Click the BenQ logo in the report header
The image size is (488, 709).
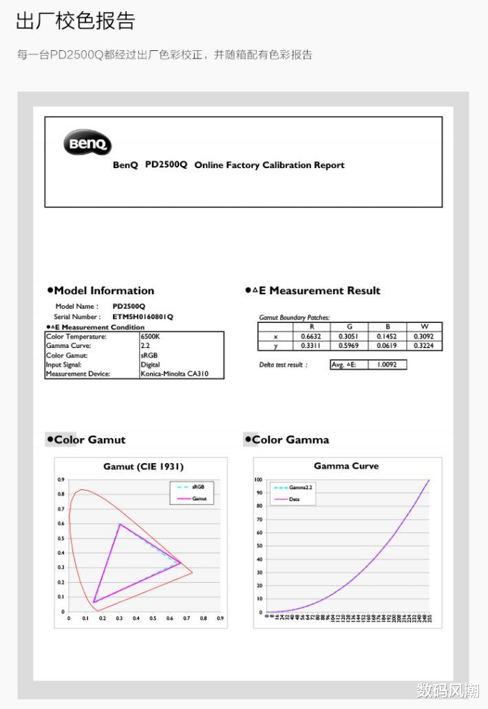[87, 144]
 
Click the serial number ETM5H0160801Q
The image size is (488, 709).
[142, 317]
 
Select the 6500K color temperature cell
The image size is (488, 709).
[150, 337]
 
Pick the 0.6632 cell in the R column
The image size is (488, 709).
[311, 336]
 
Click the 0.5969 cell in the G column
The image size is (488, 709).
[348, 346]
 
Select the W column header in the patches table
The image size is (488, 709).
[423, 327]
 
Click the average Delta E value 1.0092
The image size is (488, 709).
[387, 364]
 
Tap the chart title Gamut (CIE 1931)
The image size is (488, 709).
[144, 466]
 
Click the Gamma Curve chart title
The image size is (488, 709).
[346, 466]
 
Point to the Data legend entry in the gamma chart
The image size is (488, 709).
[294, 499]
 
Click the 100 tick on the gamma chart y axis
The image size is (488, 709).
[259, 480]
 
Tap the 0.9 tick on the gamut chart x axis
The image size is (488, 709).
[220, 619]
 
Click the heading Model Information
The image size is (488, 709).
[104, 291]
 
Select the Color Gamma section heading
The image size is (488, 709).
[290, 440]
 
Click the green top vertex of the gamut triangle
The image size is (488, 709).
[120, 524]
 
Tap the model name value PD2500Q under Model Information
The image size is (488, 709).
[129, 306]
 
